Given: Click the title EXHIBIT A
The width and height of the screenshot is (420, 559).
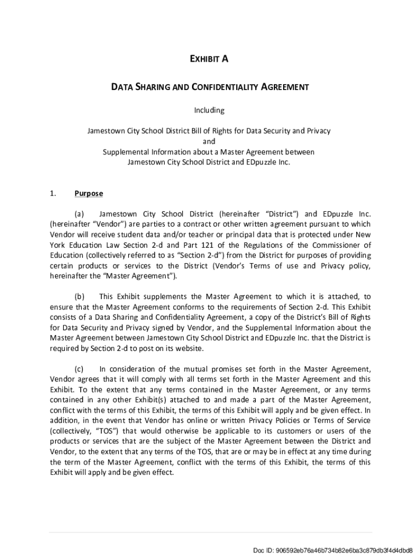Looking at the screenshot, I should (x=209, y=60).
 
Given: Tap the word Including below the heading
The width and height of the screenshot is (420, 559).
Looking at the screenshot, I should (x=209, y=110).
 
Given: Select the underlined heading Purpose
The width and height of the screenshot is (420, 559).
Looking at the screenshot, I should (x=88, y=193).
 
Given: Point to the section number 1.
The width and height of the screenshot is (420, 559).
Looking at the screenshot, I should (x=52, y=193).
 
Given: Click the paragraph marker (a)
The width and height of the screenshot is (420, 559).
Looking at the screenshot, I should (x=79, y=213).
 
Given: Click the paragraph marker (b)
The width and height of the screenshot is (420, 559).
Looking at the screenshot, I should (x=80, y=296).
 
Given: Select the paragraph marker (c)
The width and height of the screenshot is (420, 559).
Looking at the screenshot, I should (x=79, y=369).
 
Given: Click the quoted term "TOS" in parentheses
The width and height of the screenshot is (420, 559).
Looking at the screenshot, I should (x=101, y=431).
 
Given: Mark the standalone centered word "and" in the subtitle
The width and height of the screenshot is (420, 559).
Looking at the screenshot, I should (x=209, y=141).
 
